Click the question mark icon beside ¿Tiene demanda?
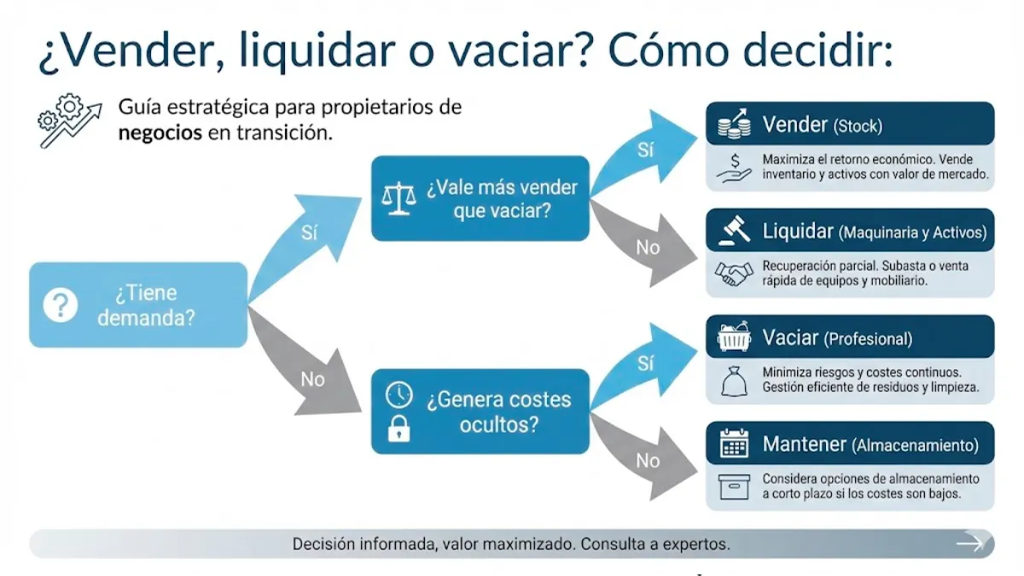[x=61, y=305]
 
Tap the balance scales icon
[x=399, y=198]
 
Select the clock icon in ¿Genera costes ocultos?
[x=399, y=395]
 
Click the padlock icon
[x=399, y=429]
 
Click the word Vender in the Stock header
[x=794, y=125]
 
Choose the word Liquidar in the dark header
[x=797, y=231]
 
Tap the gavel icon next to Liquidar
[x=733, y=231]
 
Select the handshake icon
[x=733, y=274]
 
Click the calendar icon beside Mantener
[x=733, y=444]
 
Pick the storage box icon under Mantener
[x=733, y=487]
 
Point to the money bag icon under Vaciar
[x=733, y=381]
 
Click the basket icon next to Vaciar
[x=733, y=337]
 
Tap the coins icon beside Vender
[x=733, y=125]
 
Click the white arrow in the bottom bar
[x=969, y=543]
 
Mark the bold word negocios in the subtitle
[x=160, y=134]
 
